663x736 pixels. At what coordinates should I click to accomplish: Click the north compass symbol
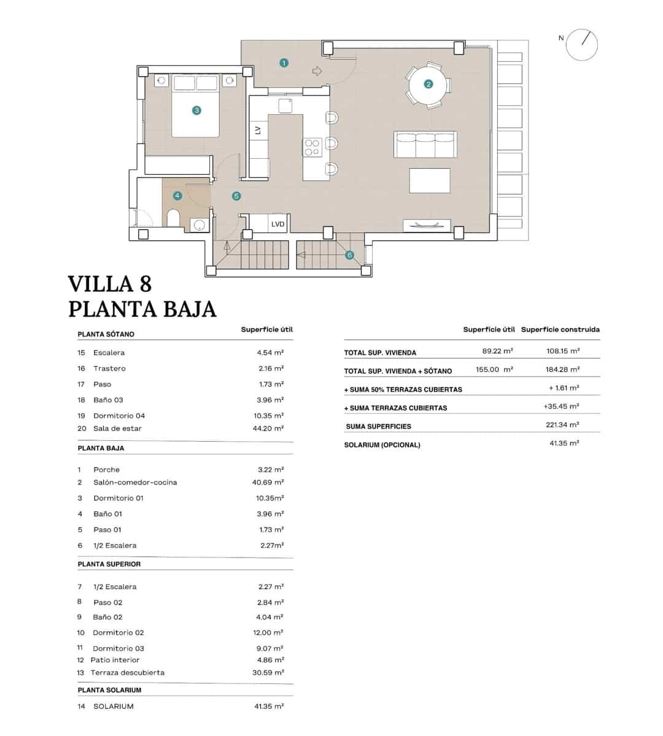pos(581,44)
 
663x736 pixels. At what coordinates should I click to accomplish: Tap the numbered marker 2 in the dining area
pos(428,84)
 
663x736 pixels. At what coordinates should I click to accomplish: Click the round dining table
pos(428,85)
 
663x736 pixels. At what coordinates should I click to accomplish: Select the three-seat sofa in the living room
pos(425,145)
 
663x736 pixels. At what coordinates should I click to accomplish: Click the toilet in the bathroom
pos(173,218)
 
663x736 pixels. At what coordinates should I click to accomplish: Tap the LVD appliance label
pos(278,224)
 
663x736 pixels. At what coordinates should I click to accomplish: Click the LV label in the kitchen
pos(258,130)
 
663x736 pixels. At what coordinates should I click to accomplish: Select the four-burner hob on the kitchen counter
pos(312,147)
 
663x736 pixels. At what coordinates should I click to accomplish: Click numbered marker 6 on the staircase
pos(349,255)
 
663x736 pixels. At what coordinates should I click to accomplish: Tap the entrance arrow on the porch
pos(317,71)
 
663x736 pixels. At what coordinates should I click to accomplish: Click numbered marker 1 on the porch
pos(284,63)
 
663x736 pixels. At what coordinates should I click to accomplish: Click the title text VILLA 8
pos(110,284)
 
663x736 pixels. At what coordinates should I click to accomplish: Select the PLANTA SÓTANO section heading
pos(106,334)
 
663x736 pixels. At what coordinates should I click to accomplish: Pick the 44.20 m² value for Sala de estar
pos(270,428)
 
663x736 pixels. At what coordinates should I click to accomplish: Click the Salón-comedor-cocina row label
pos(135,482)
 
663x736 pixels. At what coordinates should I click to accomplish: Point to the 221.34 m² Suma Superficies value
pos(564,424)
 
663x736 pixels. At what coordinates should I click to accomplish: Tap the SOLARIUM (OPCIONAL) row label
pos(382,445)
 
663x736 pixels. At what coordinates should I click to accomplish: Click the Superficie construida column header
pos(560,329)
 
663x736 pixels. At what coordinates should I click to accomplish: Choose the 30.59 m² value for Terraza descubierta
pos(270,672)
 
